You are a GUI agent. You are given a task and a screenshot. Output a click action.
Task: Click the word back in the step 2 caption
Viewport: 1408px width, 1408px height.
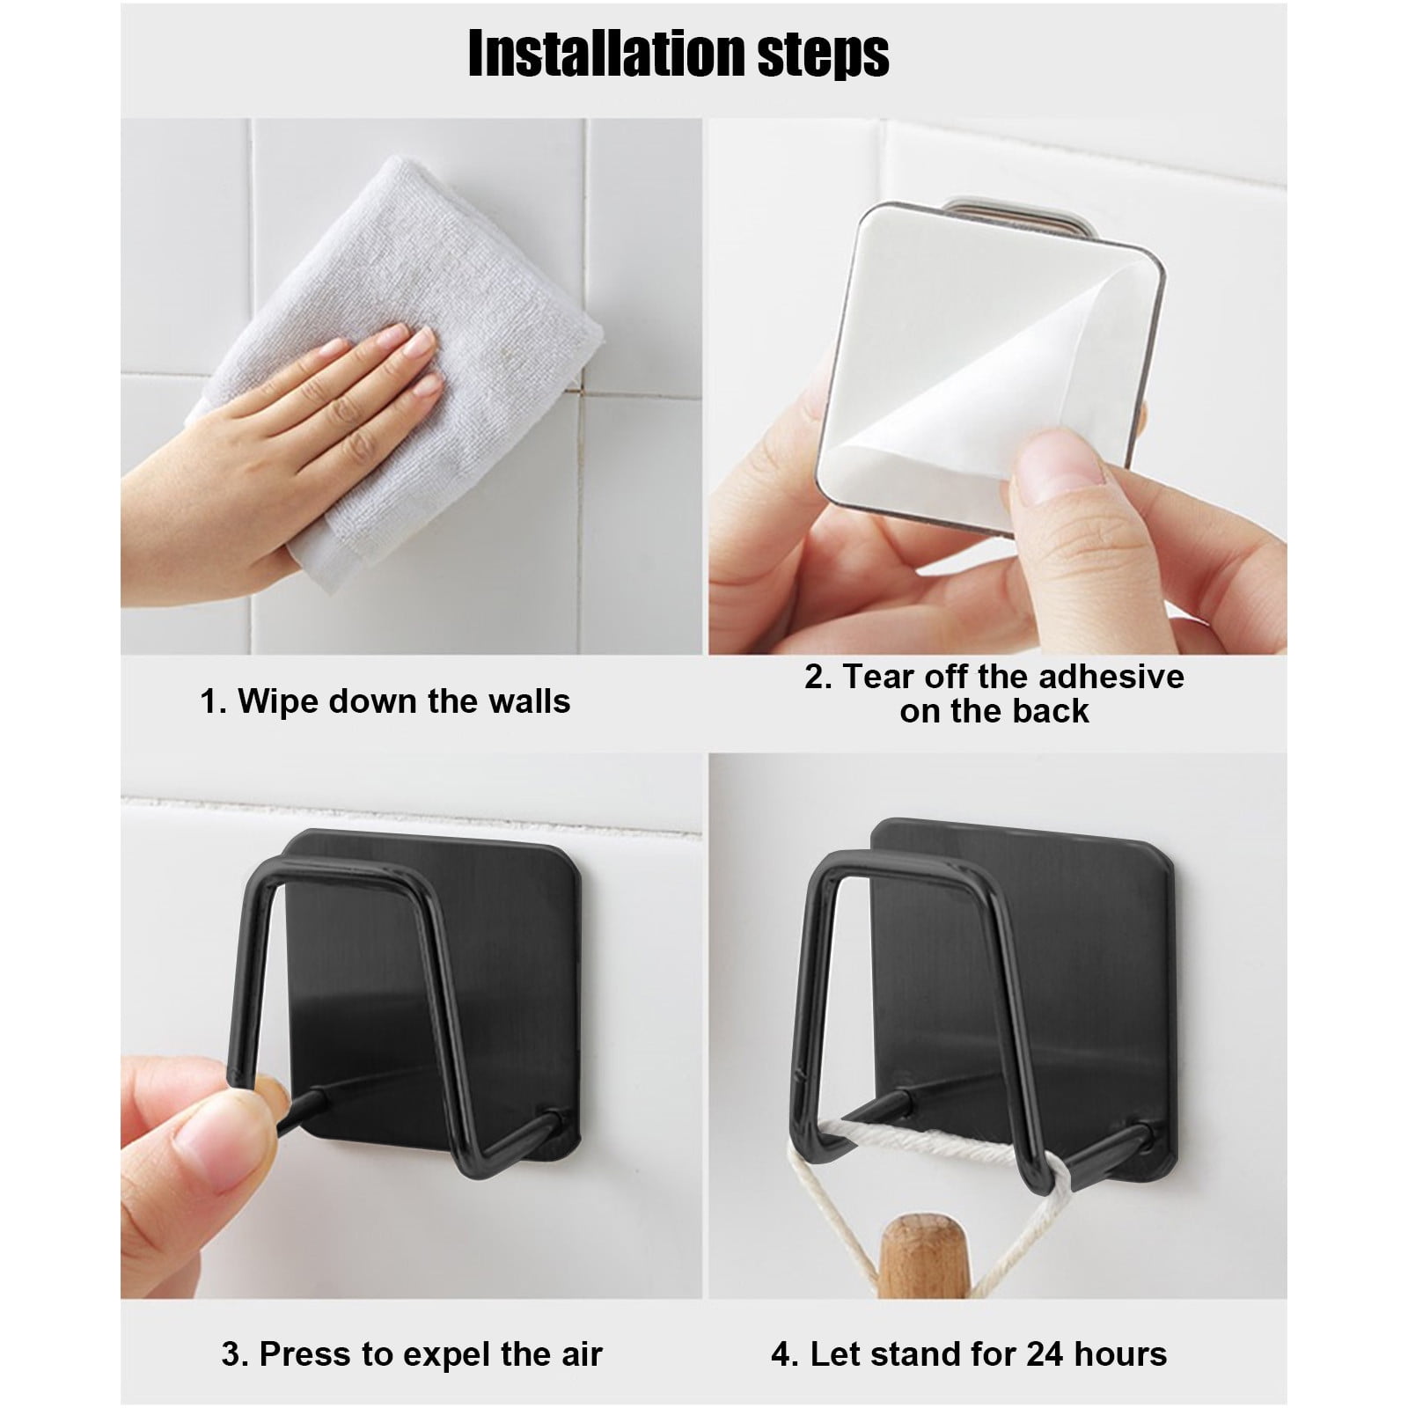(x=1054, y=711)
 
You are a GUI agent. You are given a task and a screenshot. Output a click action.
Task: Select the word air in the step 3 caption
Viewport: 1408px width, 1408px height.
(x=580, y=1353)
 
